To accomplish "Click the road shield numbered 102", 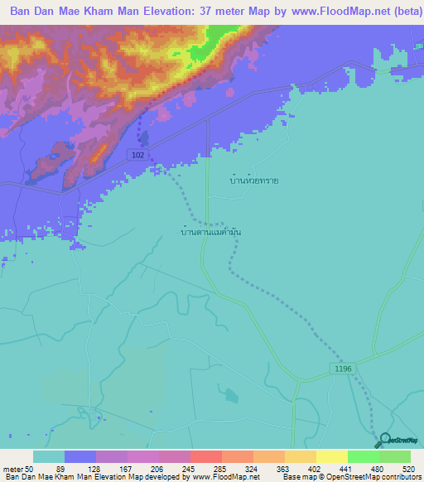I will click(138, 155).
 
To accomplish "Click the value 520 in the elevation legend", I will click(410, 469).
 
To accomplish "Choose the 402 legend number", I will click(316, 469).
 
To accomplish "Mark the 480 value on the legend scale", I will click(378, 469).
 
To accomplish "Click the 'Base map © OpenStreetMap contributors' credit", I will click(352, 477).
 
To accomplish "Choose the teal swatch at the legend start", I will click(49, 456).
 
